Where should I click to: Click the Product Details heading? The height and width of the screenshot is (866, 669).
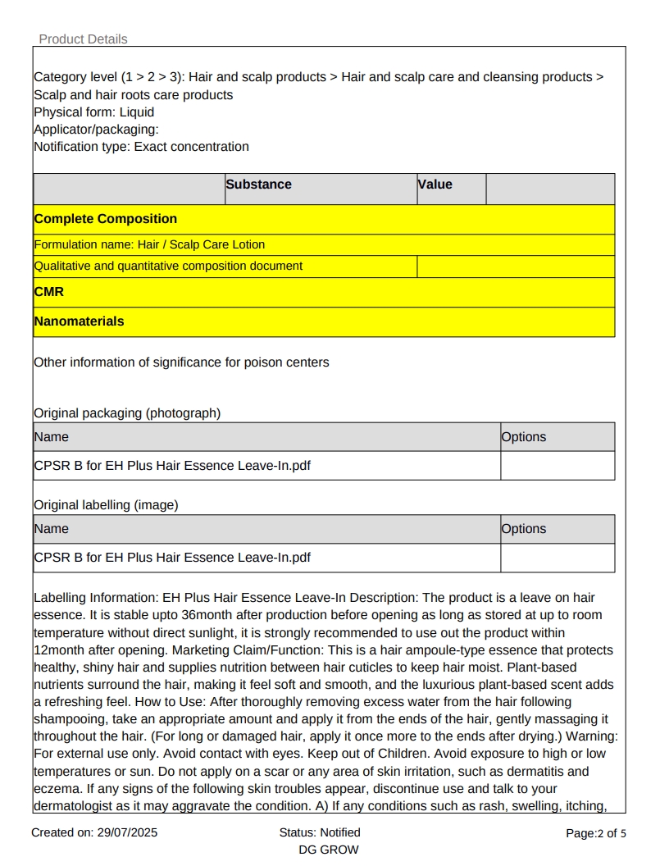pos(83,39)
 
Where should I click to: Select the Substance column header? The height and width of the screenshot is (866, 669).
pos(258,185)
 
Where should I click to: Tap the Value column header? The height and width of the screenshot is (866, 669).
pos(435,185)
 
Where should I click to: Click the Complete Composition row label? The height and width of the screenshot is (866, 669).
pos(105,219)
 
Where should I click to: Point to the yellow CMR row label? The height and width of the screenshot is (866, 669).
pos(48,292)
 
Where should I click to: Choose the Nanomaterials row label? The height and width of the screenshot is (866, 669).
pos(79,321)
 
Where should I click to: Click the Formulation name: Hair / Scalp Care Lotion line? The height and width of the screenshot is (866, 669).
pos(149,244)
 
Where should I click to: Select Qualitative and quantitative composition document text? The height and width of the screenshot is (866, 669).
pos(168,266)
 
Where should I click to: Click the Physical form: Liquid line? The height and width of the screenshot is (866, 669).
pos(93,112)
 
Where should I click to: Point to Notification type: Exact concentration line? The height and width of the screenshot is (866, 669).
pos(141,147)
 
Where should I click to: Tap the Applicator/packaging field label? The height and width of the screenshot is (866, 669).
pos(96,130)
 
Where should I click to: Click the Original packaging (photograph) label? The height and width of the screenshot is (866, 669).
pos(127,413)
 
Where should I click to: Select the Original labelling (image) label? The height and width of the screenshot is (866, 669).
pos(106,505)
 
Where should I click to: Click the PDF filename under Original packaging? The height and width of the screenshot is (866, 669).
pos(172,466)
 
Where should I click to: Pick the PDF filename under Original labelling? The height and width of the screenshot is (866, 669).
pos(172,558)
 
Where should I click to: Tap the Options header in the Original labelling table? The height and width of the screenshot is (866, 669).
pos(523,529)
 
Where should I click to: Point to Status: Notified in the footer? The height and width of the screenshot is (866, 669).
pos(320,832)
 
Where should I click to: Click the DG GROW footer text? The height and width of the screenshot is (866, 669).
pos(329,850)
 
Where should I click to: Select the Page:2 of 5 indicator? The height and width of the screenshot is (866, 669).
pos(596,833)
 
